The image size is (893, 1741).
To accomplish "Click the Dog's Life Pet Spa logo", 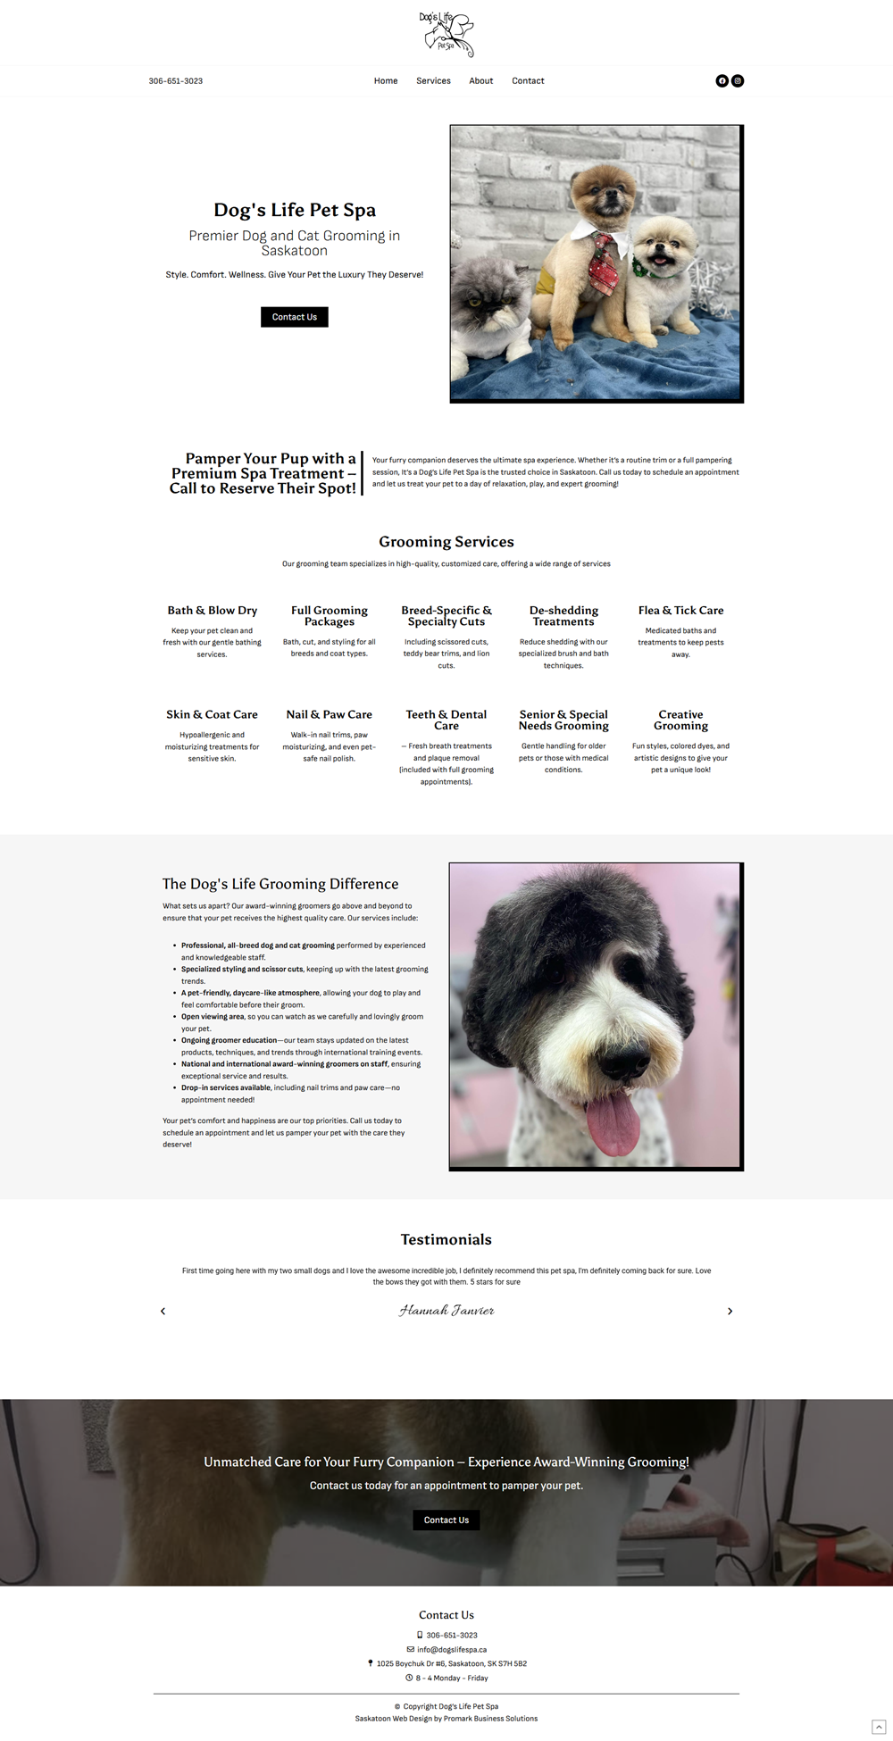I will click(x=446, y=34).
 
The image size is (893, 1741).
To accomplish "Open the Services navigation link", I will click(x=433, y=81).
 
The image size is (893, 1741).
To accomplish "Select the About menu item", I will click(x=481, y=81).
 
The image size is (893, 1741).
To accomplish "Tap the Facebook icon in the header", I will click(x=722, y=81).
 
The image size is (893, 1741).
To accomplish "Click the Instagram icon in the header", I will click(x=738, y=81).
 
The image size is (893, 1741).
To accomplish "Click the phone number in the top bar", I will click(x=176, y=81).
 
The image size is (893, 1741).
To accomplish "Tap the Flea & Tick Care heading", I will click(x=680, y=611).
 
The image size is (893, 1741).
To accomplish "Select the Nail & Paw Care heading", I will click(x=329, y=714).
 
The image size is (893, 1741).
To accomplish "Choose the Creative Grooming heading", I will click(x=680, y=720).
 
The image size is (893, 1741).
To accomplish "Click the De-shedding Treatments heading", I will click(x=563, y=616).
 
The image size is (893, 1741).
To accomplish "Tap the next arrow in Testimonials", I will click(x=730, y=1311).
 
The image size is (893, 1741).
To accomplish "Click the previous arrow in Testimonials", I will click(x=163, y=1311).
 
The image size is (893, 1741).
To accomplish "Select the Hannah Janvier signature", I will click(x=446, y=1311).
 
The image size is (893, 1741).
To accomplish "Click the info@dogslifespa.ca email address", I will click(x=452, y=1649).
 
